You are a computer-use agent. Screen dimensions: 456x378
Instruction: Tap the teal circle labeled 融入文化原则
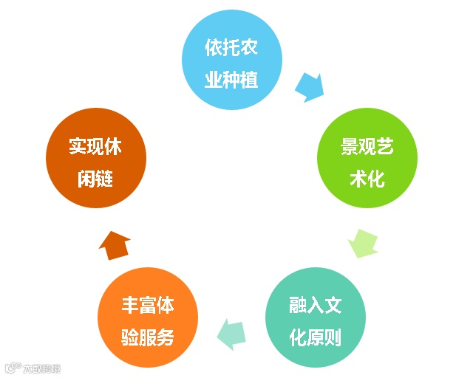(x=316, y=317)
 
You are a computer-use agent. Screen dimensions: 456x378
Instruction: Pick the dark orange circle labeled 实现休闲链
(x=96, y=160)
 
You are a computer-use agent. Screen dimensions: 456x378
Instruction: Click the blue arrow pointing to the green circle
(x=309, y=87)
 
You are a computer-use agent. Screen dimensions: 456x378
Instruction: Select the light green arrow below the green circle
(x=363, y=243)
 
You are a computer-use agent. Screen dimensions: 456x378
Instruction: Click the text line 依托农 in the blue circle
(x=232, y=47)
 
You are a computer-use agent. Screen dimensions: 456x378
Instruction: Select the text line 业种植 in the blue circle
(x=232, y=78)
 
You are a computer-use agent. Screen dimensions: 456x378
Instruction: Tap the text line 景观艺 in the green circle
(x=367, y=147)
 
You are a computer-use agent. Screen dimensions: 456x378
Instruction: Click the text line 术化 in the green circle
(x=367, y=178)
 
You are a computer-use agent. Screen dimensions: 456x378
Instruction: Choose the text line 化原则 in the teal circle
(x=316, y=337)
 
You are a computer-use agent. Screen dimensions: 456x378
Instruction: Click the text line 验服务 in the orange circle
(x=148, y=337)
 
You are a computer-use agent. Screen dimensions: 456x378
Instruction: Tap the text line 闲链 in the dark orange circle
(x=96, y=178)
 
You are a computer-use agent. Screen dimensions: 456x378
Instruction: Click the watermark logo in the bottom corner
(x=33, y=367)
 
